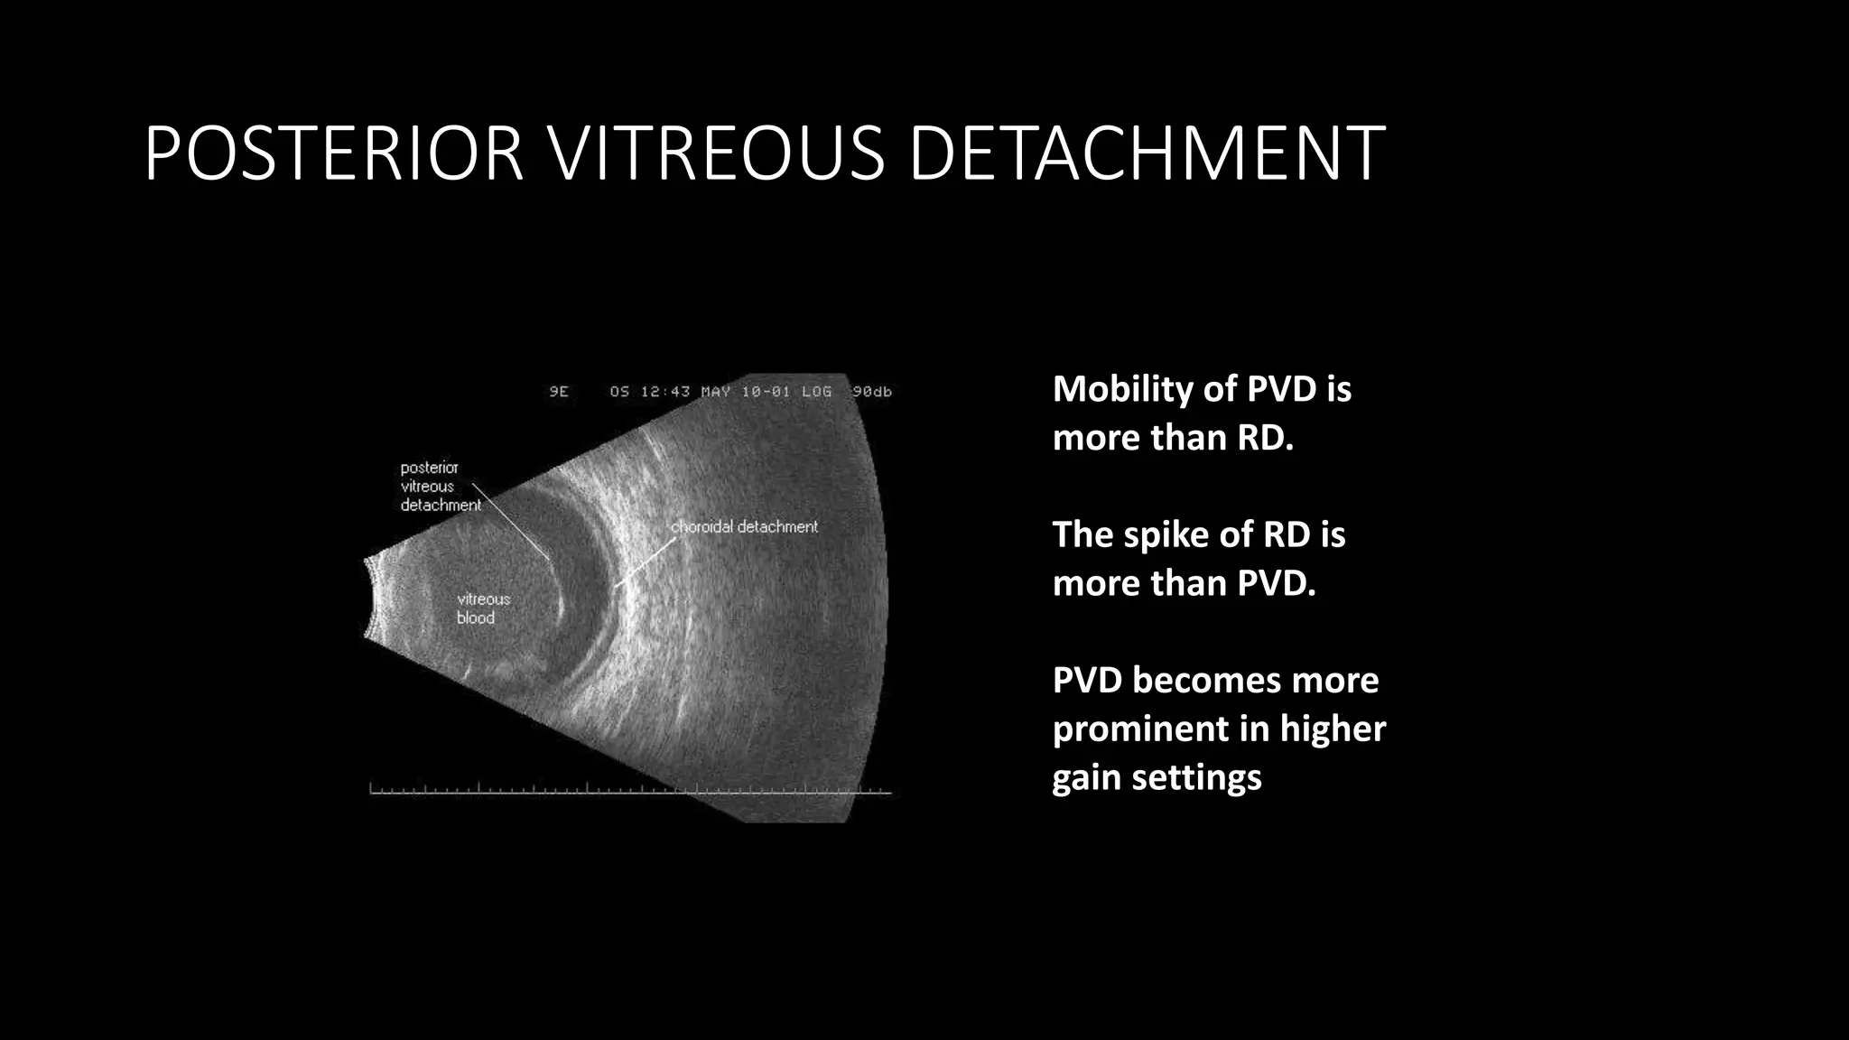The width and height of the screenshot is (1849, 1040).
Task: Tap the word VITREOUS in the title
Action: pos(717,153)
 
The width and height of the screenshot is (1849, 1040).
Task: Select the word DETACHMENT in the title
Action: pos(1147,153)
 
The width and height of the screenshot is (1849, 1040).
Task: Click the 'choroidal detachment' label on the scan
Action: pos(744,526)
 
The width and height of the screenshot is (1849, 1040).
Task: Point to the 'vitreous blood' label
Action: pos(482,608)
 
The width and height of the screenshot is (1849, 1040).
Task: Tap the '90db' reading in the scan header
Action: pos(871,392)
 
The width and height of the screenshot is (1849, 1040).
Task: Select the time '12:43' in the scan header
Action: pos(665,392)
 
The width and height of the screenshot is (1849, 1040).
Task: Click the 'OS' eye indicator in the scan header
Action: pos(619,392)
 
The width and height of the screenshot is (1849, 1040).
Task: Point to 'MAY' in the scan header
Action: pos(716,392)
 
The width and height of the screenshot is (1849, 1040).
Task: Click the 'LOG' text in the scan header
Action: pos(816,392)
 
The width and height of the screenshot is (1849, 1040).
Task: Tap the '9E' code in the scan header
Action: pos(559,392)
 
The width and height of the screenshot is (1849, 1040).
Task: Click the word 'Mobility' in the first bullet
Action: pos(1122,389)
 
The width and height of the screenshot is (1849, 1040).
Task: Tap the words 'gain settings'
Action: pos(1157,776)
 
